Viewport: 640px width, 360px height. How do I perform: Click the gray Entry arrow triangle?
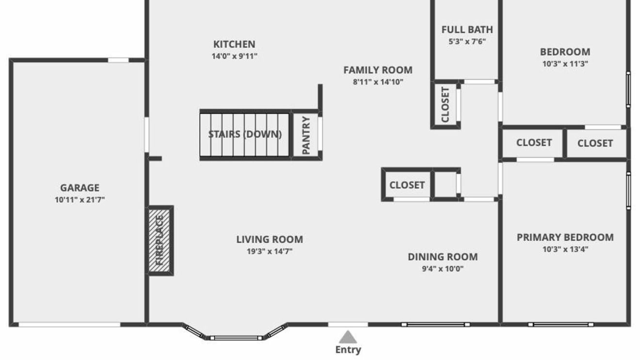pyautogui.click(x=348, y=337)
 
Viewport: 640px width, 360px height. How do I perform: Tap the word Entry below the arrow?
pyautogui.click(x=348, y=350)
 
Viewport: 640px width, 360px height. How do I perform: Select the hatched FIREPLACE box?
pyautogui.click(x=160, y=241)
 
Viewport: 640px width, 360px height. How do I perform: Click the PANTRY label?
pyautogui.click(x=306, y=135)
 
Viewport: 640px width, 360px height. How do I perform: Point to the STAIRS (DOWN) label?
pyautogui.click(x=245, y=134)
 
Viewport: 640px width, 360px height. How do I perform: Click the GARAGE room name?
pyautogui.click(x=80, y=188)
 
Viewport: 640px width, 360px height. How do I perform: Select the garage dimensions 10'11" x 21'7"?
pyautogui.click(x=80, y=200)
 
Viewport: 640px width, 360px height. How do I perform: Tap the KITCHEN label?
pyautogui.click(x=234, y=44)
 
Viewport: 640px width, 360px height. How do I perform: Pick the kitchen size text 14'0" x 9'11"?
pyautogui.click(x=234, y=56)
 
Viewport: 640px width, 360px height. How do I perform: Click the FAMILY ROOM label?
pyautogui.click(x=378, y=70)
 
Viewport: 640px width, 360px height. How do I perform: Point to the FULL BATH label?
pyautogui.click(x=467, y=30)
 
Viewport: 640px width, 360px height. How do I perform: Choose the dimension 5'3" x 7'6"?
pyautogui.click(x=467, y=42)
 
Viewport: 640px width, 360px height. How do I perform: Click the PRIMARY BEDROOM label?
pyautogui.click(x=565, y=237)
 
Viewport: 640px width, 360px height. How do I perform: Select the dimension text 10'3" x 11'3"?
pyautogui.click(x=565, y=63)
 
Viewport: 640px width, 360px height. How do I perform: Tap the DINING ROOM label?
pyautogui.click(x=443, y=257)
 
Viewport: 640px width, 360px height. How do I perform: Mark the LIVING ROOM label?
pyautogui.click(x=270, y=239)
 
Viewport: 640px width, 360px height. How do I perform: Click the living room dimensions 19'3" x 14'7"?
pyautogui.click(x=270, y=251)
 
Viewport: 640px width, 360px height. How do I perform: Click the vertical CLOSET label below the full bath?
pyautogui.click(x=446, y=105)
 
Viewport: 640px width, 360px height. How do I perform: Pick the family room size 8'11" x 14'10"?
pyautogui.click(x=378, y=82)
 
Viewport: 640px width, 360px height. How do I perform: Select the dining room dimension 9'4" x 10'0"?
pyautogui.click(x=443, y=269)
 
